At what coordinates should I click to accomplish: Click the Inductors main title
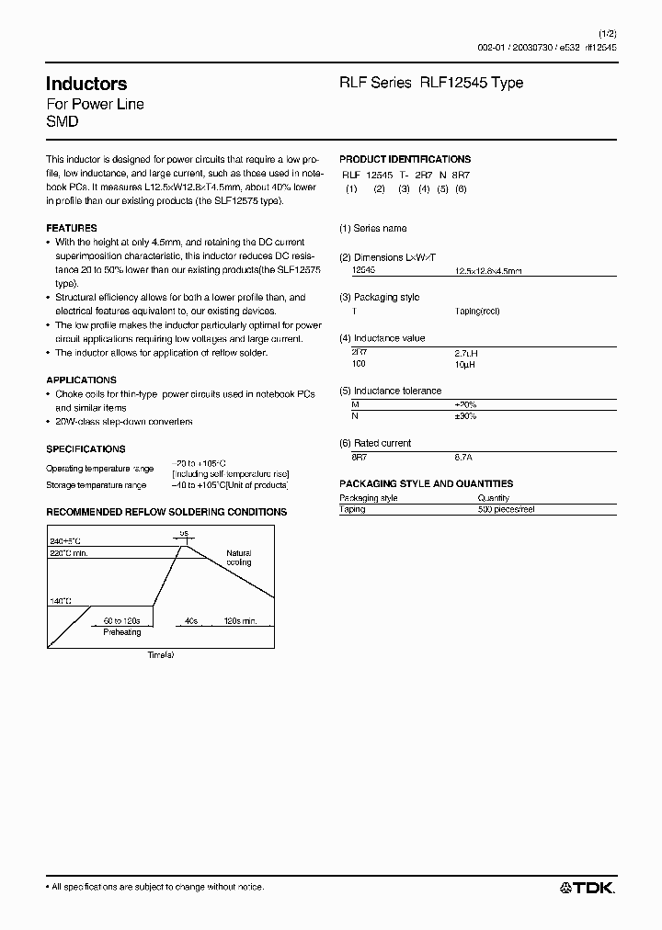pos(86,84)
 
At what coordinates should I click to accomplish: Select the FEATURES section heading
pos(71,228)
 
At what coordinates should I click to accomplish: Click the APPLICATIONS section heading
pos(81,380)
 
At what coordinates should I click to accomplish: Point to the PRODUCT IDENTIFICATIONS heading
pos(405,159)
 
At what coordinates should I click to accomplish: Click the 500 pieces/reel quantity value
pos(508,509)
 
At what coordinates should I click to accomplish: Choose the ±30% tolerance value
pos(467,417)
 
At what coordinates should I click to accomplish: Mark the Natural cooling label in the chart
pos(238,558)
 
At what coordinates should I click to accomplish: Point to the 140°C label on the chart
pos(60,601)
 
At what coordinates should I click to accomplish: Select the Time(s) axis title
pos(161,654)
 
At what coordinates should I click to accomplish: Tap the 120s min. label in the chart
pos(244,621)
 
